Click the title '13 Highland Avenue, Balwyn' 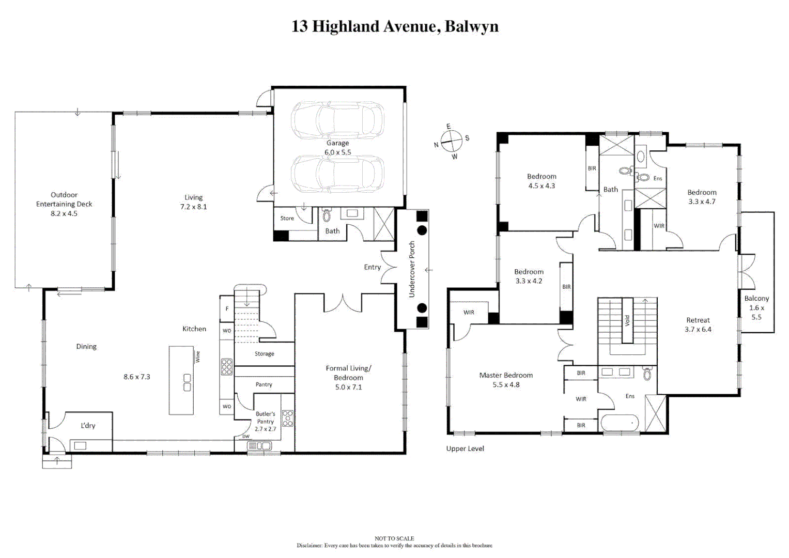[395, 26]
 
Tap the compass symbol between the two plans [451, 141]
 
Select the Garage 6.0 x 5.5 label [337, 148]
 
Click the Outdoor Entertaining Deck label [64, 204]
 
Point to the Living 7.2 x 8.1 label [193, 202]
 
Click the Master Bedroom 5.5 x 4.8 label [506, 380]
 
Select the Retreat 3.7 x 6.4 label [698, 324]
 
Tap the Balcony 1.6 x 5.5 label [756, 307]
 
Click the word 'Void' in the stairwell [627, 320]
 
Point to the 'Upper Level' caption [465, 448]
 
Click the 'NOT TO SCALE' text [394, 538]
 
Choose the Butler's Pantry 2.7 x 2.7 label [266, 421]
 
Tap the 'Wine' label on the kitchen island [197, 357]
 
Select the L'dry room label [88, 426]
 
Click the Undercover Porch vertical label [412, 269]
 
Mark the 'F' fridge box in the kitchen [227, 309]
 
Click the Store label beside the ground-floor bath [287, 218]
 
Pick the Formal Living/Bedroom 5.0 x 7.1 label [348, 377]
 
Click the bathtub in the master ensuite [620, 423]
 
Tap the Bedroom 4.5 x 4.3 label [542, 181]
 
